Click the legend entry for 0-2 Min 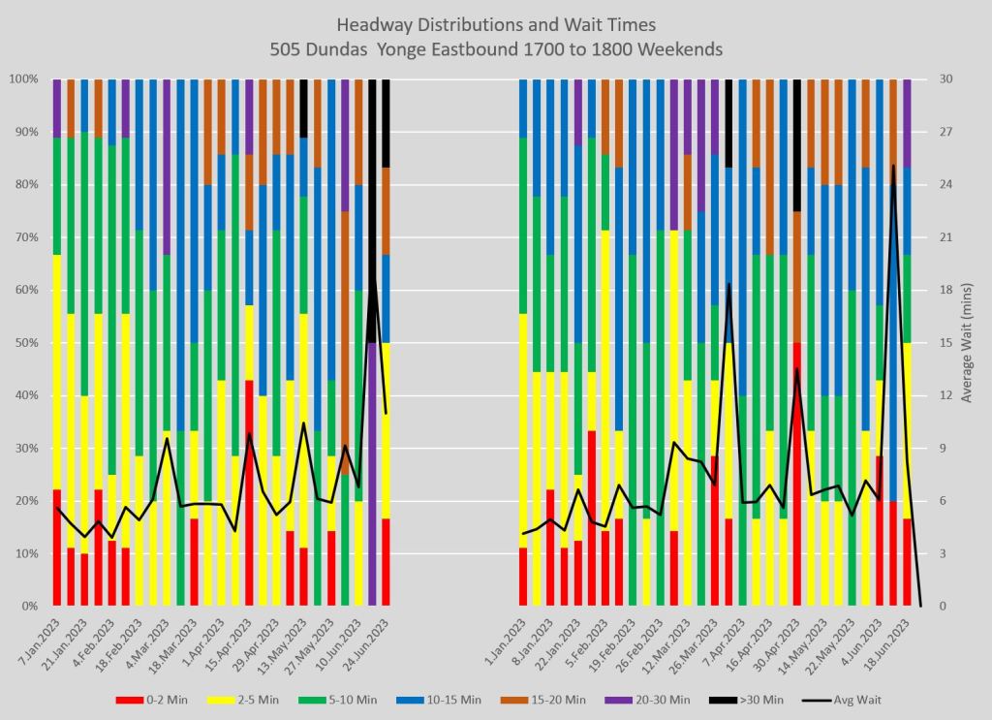(x=155, y=700)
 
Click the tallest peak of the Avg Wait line (x=893, y=166)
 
